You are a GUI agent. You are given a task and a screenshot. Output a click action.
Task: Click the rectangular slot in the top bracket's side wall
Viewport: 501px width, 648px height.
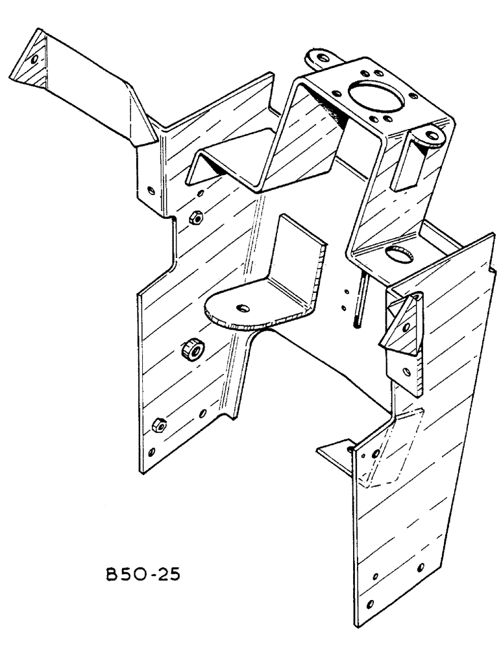tap(408, 167)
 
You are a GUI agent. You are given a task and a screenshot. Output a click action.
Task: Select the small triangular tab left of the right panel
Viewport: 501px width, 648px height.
tap(334, 451)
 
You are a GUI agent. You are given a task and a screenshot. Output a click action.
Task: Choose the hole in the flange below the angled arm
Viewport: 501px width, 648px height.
tap(151, 191)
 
